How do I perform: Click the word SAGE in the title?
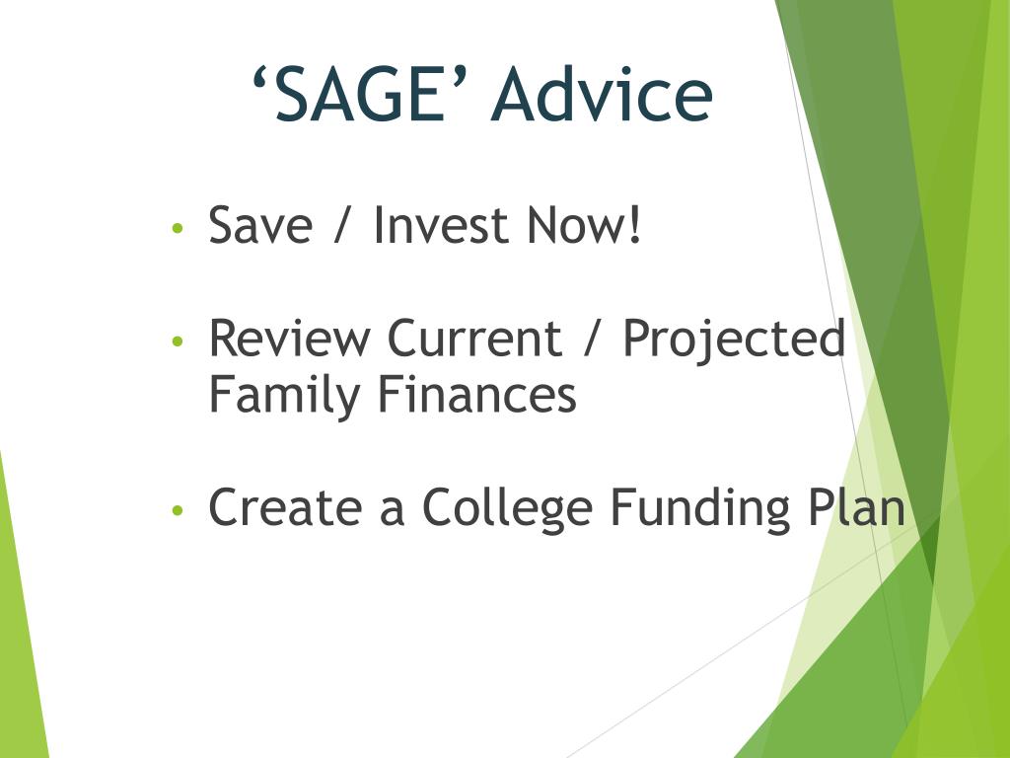click(x=360, y=94)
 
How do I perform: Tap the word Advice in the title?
click(x=602, y=94)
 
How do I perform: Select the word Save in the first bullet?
click(x=260, y=225)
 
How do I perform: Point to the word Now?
click(x=584, y=225)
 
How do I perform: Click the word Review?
click(x=290, y=338)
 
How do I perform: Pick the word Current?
click(x=474, y=338)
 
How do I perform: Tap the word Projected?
click(x=734, y=341)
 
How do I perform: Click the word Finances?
click(x=477, y=395)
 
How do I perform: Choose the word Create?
click(x=285, y=507)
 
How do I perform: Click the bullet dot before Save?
click(x=178, y=228)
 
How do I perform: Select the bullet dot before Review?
click(x=178, y=341)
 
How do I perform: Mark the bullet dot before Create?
click(x=178, y=511)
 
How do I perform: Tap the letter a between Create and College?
click(x=393, y=513)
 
